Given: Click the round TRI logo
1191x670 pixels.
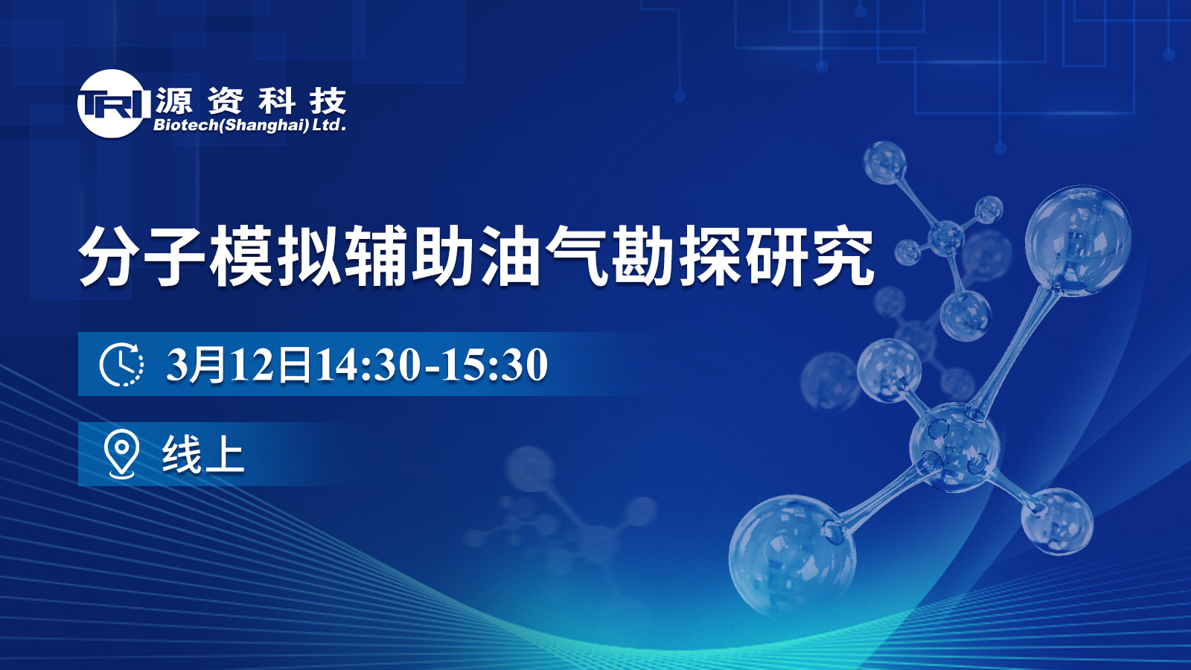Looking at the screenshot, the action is click(111, 103).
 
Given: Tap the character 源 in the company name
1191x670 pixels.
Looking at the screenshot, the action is click(174, 100).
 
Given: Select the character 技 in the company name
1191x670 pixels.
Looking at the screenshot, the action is click(328, 100).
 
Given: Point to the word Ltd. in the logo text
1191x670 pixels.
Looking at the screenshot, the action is click(329, 125).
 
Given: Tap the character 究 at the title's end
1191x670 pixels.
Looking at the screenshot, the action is click(843, 256).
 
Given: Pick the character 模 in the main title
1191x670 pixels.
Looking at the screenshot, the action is click(243, 256).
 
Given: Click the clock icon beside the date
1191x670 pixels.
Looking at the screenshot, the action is click(121, 364).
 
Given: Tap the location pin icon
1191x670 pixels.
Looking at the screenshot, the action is click(121, 453).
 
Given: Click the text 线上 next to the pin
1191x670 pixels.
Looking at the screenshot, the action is click(203, 453).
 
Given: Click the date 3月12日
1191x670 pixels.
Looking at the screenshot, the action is click(238, 364).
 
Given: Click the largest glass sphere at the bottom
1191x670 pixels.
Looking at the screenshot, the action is click(792, 555).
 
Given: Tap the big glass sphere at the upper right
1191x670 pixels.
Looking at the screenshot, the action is click(1078, 240).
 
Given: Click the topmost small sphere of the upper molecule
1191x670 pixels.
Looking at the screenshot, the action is click(884, 163).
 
